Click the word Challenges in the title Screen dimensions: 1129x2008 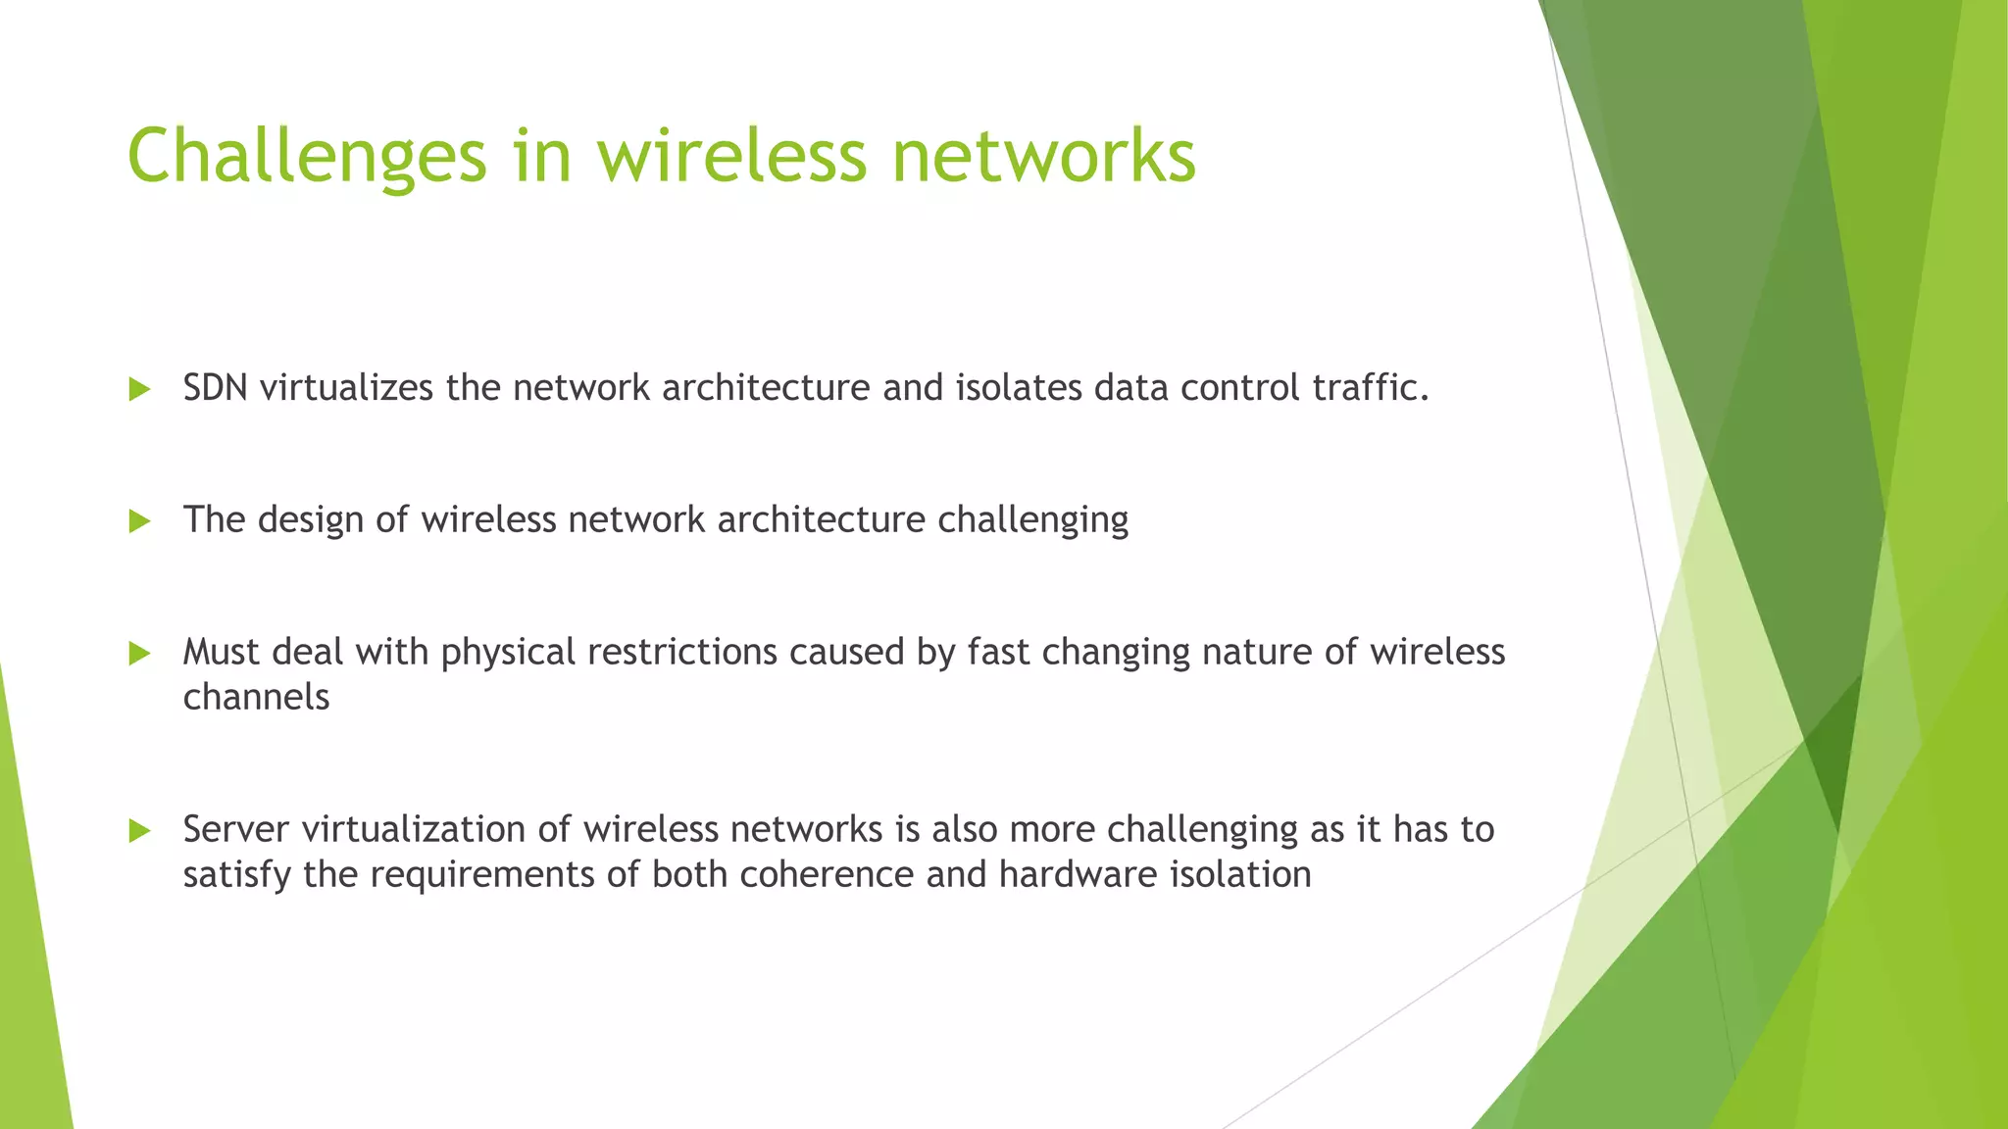point(306,157)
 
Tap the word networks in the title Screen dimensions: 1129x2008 point(1043,157)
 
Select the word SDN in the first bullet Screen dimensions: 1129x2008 point(215,388)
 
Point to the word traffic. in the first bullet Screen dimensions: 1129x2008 point(1371,388)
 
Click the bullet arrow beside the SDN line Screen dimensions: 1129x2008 point(139,390)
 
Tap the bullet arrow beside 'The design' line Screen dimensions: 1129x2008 point(139,521)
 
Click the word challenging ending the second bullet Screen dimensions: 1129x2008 point(1032,520)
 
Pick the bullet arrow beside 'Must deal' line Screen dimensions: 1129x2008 point(139,654)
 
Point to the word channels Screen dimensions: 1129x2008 point(256,697)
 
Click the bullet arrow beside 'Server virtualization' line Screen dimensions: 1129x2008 point(139,832)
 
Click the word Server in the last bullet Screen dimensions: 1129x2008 point(235,829)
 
